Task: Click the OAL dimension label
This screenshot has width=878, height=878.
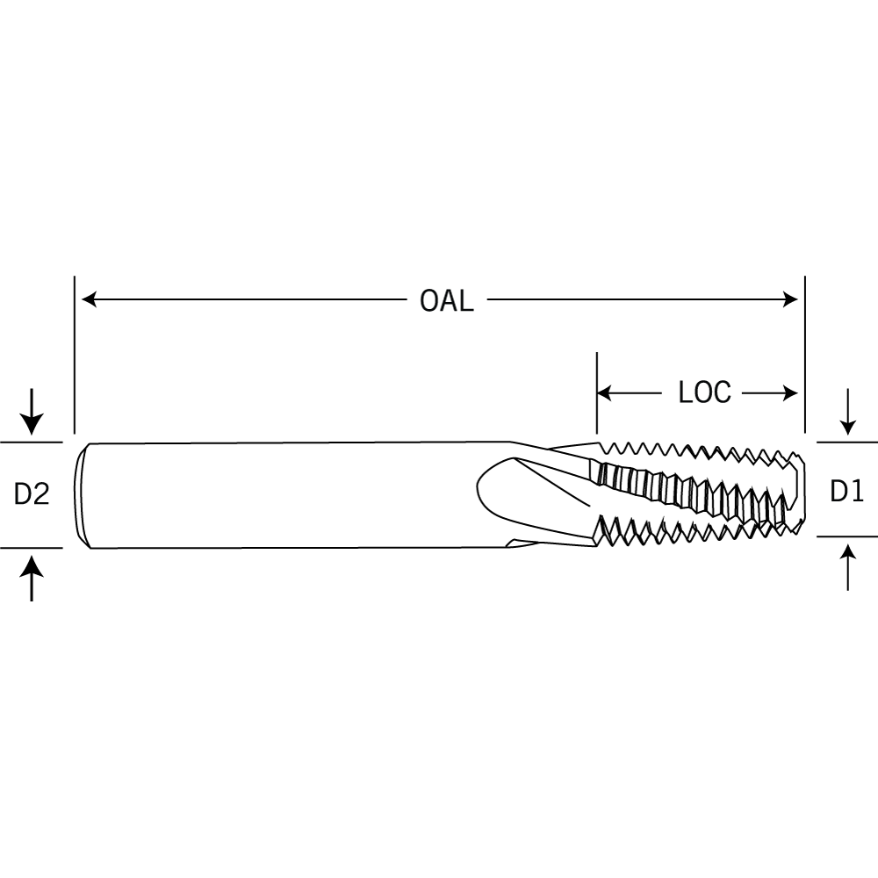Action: pyautogui.click(x=446, y=300)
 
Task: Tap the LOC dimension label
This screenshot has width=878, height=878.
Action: pyautogui.click(x=704, y=392)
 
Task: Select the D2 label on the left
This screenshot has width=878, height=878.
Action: pyautogui.click(x=32, y=493)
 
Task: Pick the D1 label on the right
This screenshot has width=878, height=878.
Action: pyautogui.click(x=846, y=491)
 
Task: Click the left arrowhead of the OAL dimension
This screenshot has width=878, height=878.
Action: pyautogui.click(x=90, y=299)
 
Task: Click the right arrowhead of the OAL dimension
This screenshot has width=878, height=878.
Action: pyautogui.click(x=790, y=299)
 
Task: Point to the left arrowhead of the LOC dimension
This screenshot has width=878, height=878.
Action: pyautogui.click(x=605, y=393)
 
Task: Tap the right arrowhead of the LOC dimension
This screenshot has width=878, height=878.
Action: pyautogui.click(x=790, y=393)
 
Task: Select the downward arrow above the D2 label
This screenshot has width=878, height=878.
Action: pyautogui.click(x=32, y=412)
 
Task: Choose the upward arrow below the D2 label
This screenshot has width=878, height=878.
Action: pyautogui.click(x=32, y=578)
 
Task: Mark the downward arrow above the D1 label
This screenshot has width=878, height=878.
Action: pyautogui.click(x=848, y=412)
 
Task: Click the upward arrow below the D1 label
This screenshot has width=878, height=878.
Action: pyautogui.click(x=848, y=567)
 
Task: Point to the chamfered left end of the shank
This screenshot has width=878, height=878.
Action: pyautogui.click(x=83, y=495)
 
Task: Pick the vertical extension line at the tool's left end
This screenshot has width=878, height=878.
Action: pyautogui.click(x=75, y=355)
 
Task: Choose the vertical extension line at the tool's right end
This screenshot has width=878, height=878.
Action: pyautogui.click(x=804, y=355)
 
